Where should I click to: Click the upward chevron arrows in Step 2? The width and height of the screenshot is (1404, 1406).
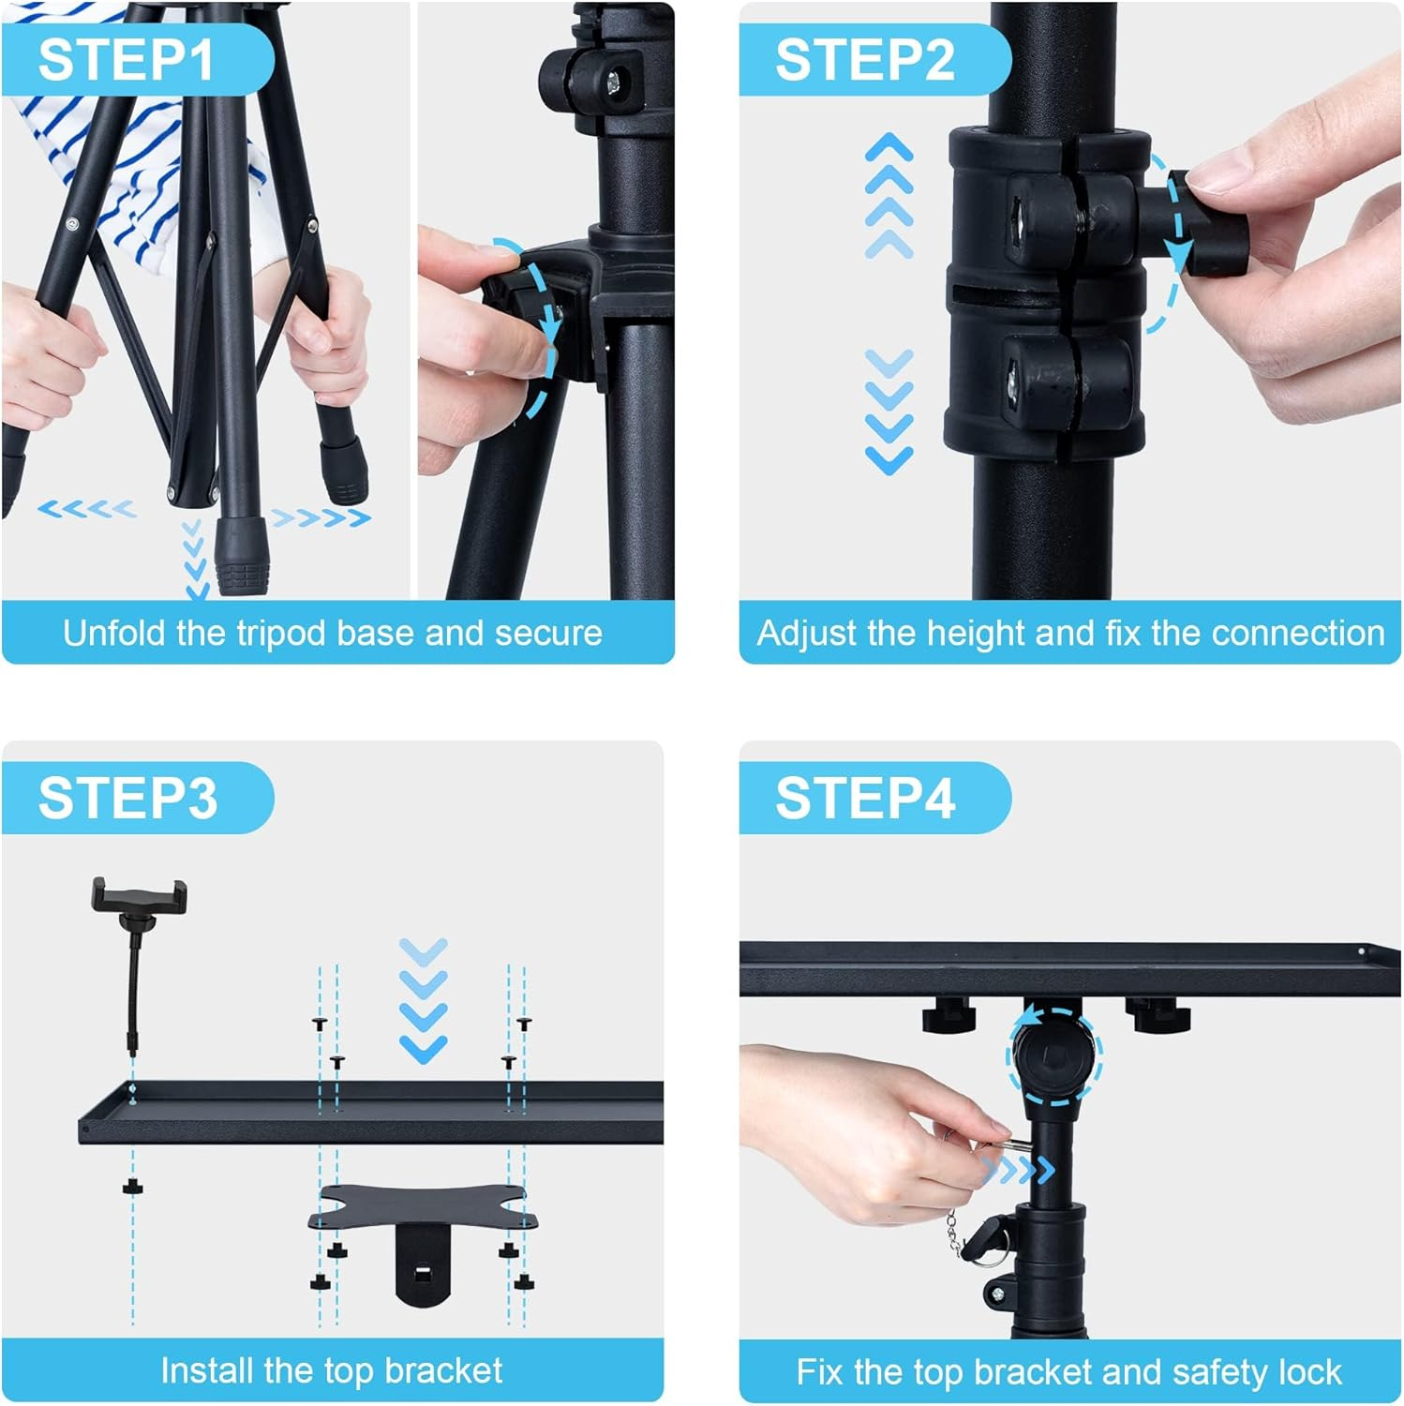point(889,195)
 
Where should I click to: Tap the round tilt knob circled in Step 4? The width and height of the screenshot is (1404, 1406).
point(1054,1056)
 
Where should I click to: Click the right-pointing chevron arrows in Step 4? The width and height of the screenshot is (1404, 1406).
point(1018,1169)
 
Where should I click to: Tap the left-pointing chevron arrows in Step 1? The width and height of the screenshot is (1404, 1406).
point(86,509)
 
